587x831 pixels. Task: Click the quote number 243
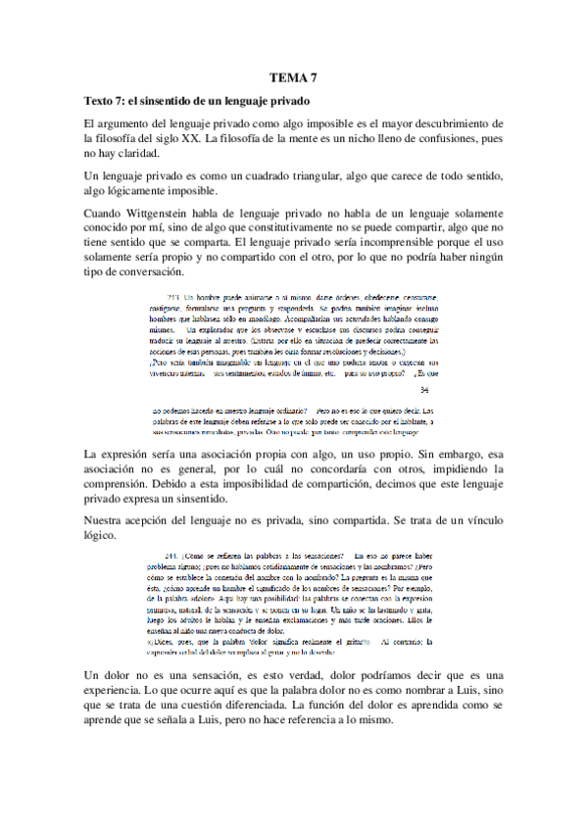click(x=173, y=297)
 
